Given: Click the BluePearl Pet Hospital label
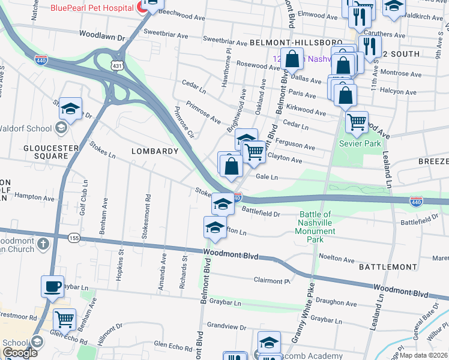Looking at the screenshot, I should coord(92,8).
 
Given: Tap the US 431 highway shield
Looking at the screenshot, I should coord(117,65).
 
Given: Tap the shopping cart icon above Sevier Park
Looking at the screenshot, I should coord(357,123).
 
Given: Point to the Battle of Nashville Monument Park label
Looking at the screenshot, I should coord(324,227).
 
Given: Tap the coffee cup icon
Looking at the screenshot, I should coord(52,286).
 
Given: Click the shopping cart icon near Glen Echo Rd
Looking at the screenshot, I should coord(64,319).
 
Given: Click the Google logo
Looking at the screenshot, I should coord(20,353).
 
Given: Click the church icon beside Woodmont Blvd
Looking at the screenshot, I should coord(43,244).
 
